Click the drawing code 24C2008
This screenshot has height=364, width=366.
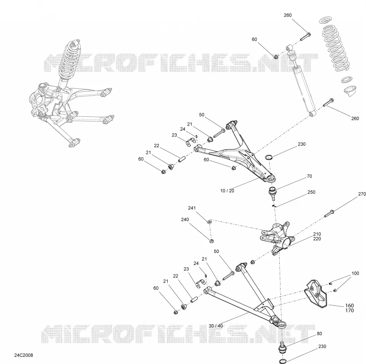pyautogui.click(x=24, y=355)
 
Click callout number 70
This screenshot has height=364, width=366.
pyautogui.click(x=309, y=176)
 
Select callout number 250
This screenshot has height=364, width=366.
pyautogui.click(x=311, y=192)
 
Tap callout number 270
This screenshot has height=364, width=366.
pyautogui.click(x=362, y=194)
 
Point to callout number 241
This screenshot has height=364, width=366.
pyautogui.click(x=192, y=208)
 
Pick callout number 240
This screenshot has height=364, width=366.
pyautogui.click(x=185, y=219)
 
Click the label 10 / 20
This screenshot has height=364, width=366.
pyautogui.click(x=227, y=190)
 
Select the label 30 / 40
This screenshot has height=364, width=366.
pyautogui.click(x=216, y=326)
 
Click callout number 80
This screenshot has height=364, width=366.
pyautogui.click(x=319, y=334)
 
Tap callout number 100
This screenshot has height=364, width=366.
pyautogui.click(x=355, y=273)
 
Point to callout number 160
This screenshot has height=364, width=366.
pyautogui.click(x=349, y=306)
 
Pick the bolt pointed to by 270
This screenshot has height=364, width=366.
pyautogui.click(x=329, y=214)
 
